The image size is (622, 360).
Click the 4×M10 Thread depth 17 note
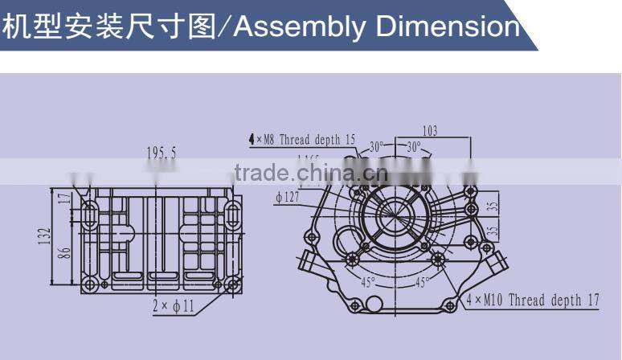click(534, 301)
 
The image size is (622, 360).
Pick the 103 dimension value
click(429, 131)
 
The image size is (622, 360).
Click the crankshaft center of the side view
click(395, 215)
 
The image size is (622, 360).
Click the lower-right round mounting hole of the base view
click(232, 283)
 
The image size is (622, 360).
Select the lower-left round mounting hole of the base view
click(88, 283)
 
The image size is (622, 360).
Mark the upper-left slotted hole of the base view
click(88, 214)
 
